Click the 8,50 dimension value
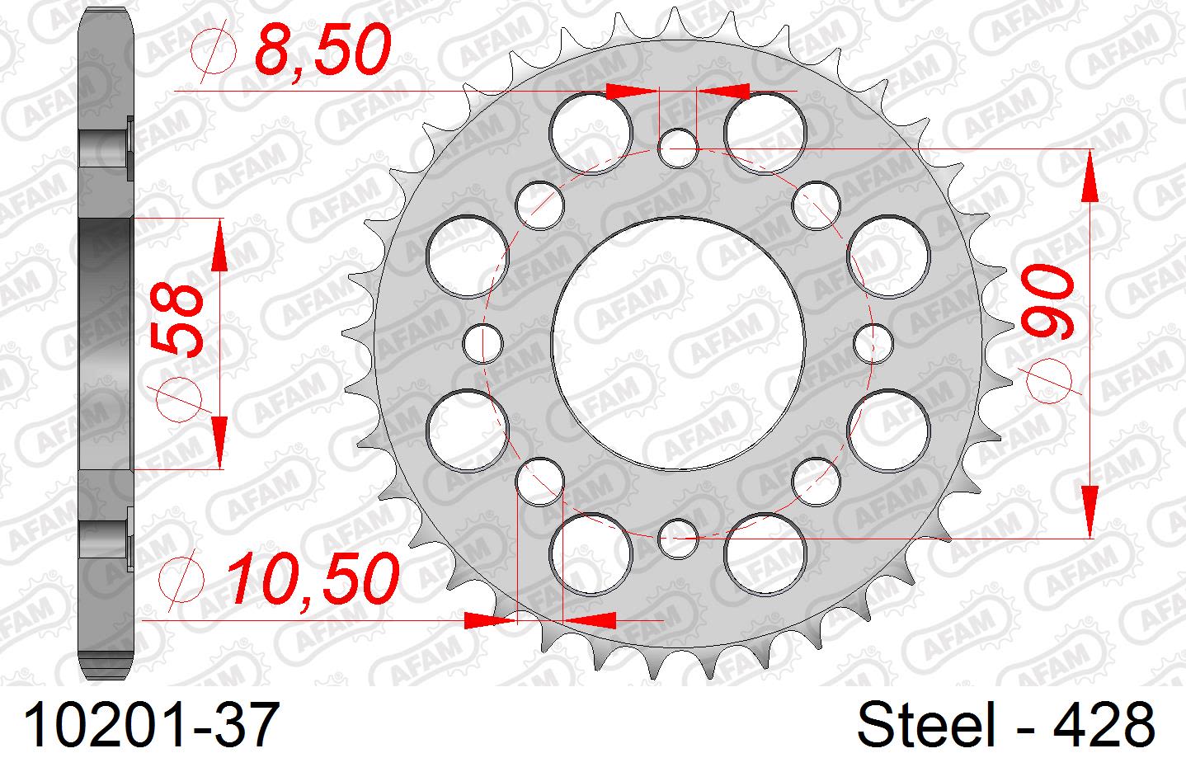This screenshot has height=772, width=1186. click(322, 52)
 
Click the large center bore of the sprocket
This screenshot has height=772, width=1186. click(677, 342)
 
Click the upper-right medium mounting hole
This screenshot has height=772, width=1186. click(815, 205)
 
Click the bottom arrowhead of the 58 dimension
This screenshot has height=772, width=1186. click(219, 441)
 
